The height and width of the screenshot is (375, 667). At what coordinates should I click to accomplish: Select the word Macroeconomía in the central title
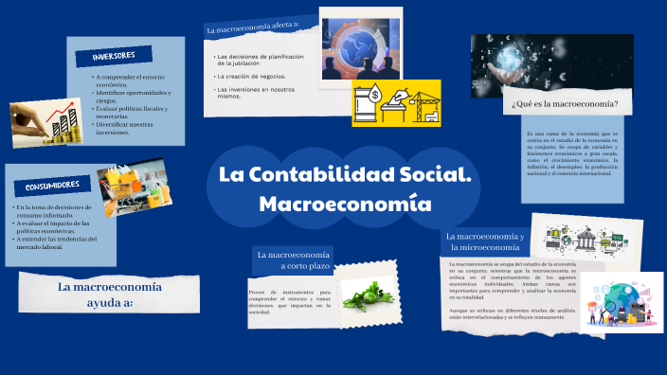pyautogui.click(x=345, y=204)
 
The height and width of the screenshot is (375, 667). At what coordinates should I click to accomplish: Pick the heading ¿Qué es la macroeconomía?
pyautogui.click(x=565, y=104)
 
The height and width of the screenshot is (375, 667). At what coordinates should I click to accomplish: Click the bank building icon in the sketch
pyautogui.click(x=583, y=243)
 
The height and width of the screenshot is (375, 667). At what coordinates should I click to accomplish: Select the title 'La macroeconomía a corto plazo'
pyautogui.click(x=292, y=259)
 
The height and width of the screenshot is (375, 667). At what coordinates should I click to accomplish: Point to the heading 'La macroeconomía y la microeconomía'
pyautogui.click(x=484, y=241)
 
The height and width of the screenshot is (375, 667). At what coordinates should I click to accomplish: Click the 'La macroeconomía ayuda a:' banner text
pyautogui.click(x=110, y=293)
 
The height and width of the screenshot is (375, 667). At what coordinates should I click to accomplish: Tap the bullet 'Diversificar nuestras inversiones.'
pyautogui.click(x=124, y=129)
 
